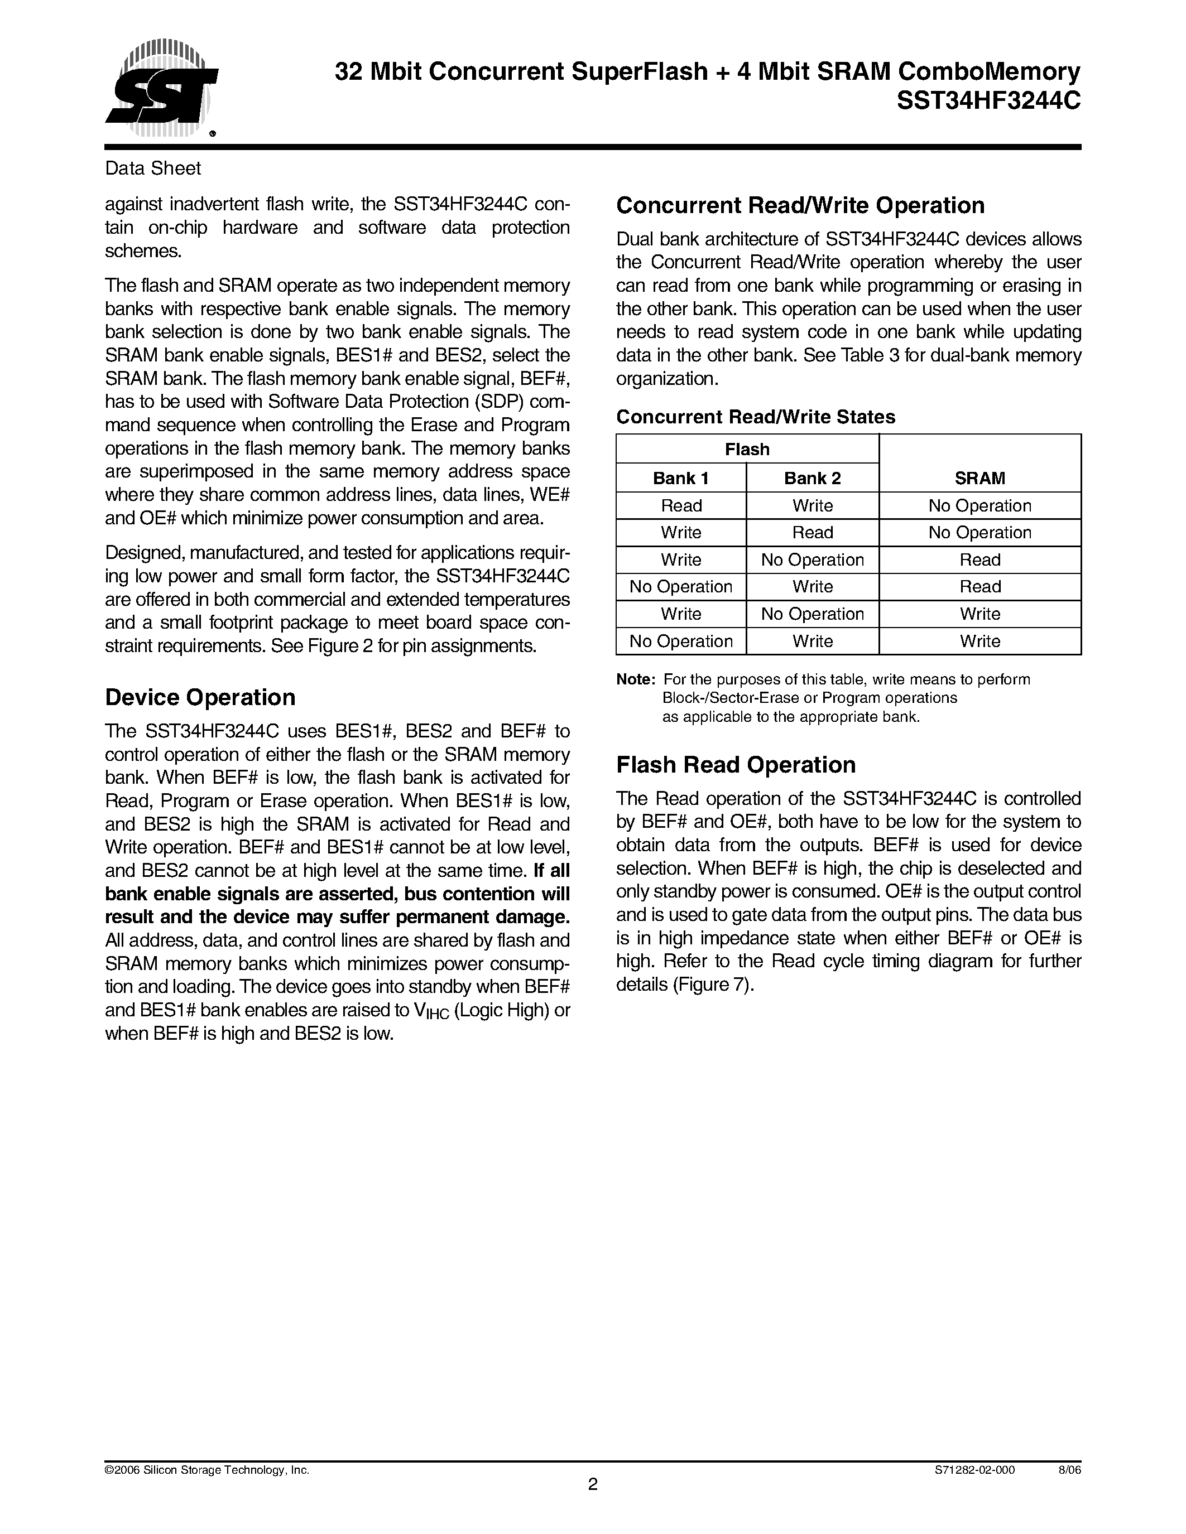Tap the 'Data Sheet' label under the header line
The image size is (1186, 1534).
coord(152,168)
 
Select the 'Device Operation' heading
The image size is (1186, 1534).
coord(200,697)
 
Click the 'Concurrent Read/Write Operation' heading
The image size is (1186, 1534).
coord(800,206)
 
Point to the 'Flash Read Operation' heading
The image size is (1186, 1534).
coord(736,765)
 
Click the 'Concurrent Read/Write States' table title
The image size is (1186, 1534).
coord(755,417)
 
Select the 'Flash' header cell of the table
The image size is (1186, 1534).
coord(747,450)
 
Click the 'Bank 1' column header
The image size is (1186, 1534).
coord(681,478)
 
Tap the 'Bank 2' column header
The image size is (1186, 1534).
coord(812,478)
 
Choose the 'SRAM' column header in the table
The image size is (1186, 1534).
coord(979,478)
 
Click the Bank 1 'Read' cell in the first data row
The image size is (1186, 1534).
coord(681,506)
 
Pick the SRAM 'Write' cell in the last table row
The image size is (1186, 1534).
coord(979,641)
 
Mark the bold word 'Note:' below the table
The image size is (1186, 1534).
coord(636,680)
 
